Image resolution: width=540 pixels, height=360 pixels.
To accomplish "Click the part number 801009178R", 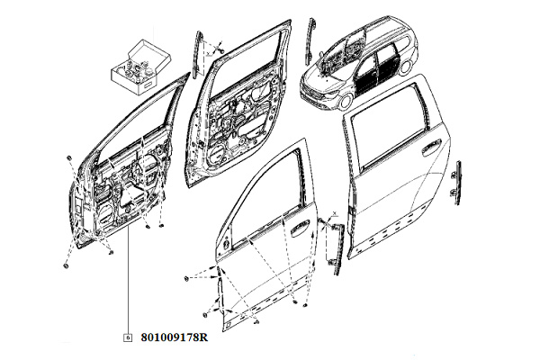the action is click(175, 337).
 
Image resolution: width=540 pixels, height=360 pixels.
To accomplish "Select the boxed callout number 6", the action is click(128, 337).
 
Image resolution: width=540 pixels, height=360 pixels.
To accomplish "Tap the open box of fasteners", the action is click(140, 67).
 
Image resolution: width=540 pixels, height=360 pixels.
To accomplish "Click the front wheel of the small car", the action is click(346, 103).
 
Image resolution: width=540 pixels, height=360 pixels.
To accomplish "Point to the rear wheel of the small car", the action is click(408, 67).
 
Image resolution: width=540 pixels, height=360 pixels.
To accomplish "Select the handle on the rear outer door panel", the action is click(431, 146).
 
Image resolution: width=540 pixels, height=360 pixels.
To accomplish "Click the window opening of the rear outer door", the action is click(389, 121).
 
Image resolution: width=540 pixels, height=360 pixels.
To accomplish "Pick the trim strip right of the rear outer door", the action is click(458, 183).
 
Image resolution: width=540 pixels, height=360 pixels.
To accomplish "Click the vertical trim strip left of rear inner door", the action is click(198, 55).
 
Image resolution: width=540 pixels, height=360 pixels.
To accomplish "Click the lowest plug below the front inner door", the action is click(66, 266).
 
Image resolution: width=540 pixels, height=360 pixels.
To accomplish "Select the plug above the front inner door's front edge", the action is click(68, 158).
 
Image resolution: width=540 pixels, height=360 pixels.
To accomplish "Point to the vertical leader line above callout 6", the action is click(128, 280).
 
